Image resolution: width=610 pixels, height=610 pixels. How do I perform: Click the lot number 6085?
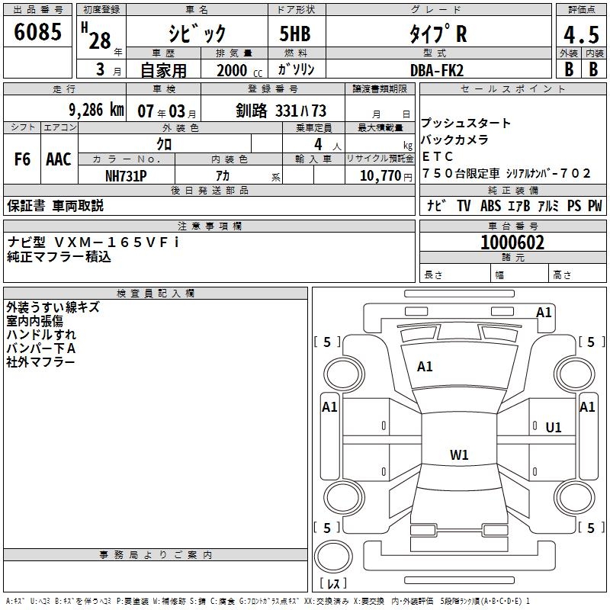[x=39, y=33]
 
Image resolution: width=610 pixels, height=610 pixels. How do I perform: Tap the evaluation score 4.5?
[x=580, y=35]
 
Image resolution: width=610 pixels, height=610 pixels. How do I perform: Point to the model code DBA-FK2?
[x=437, y=69]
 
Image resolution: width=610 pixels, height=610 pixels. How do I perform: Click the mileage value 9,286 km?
[x=95, y=109]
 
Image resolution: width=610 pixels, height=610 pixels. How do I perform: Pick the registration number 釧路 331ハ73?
[x=281, y=110]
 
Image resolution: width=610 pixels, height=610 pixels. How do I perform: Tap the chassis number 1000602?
[x=512, y=242]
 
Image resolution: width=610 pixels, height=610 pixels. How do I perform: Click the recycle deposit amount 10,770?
[x=380, y=175]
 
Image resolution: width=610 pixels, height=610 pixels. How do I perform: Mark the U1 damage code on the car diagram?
[x=554, y=428]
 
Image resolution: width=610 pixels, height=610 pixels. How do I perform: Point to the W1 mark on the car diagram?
[x=459, y=455]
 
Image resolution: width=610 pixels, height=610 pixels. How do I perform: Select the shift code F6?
[x=23, y=159]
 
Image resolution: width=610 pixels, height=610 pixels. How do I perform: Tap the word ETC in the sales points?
[x=438, y=156]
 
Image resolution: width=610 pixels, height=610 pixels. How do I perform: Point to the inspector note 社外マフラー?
[x=40, y=361]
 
